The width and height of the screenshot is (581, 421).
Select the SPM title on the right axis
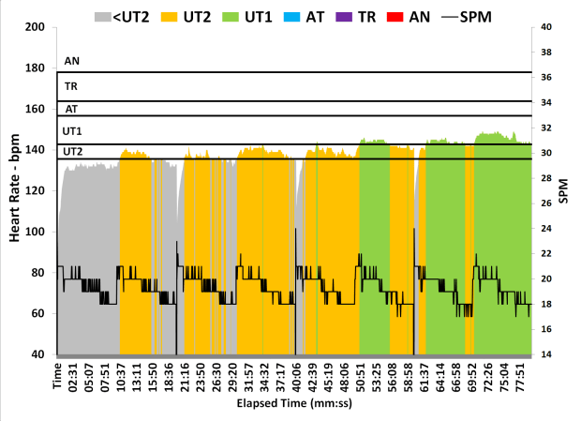tap(565, 191)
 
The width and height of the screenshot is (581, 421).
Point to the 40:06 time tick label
tap(296, 379)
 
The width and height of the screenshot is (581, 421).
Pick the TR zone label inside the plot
tap(70, 86)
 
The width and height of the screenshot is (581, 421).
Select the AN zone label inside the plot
tap(70, 61)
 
